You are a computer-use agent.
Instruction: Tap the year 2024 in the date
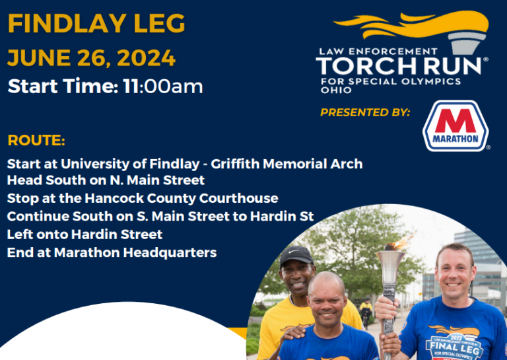(x=146, y=58)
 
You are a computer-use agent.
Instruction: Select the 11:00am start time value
(x=163, y=87)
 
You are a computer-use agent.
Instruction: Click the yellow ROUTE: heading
(x=36, y=141)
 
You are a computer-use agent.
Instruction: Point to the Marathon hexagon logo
(x=456, y=126)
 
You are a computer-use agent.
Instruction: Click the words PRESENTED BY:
(x=365, y=112)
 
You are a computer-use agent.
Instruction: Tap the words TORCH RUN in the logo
(x=399, y=66)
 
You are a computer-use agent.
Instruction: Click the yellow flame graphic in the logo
(x=411, y=24)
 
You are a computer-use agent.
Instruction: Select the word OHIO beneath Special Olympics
(x=336, y=90)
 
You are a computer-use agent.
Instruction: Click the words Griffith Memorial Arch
(x=287, y=164)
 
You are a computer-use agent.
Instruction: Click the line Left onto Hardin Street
(x=84, y=234)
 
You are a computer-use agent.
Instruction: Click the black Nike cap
(x=296, y=256)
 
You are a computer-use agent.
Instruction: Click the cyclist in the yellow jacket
(x=366, y=312)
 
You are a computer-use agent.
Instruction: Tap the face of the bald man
(x=327, y=302)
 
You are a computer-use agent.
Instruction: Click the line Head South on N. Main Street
(x=106, y=180)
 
